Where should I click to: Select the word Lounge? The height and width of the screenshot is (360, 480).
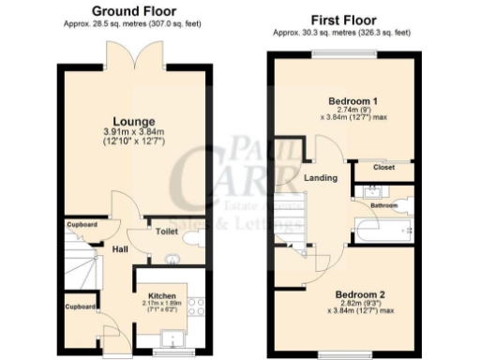127,121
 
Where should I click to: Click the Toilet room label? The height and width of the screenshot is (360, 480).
166,230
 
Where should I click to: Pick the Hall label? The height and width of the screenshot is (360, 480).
121,249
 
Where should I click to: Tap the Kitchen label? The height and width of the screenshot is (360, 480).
161,294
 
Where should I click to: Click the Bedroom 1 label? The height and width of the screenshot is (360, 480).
352,100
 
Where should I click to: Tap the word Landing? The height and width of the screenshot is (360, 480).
322,178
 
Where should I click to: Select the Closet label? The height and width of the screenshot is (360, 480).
383,168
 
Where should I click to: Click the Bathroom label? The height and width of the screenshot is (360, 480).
383,204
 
